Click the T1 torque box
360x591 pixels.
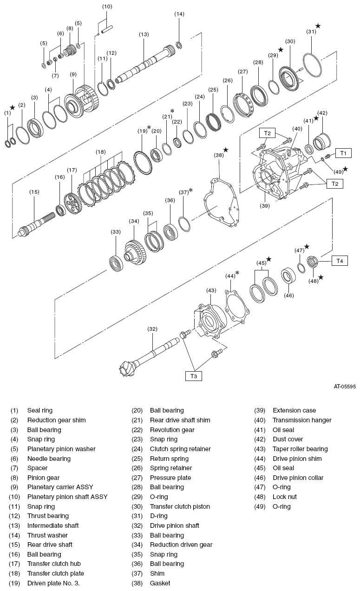pyautogui.click(x=343, y=153)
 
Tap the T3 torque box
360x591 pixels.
pyautogui.click(x=194, y=376)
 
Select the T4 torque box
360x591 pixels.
pyautogui.click(x=340, y=261)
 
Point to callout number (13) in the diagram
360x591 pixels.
pyautogui.click(x=144, y=34)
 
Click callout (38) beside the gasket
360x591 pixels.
pyautogui.click(x=218, y=155)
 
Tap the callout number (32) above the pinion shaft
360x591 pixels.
pyautogui.click(x=152, y=329)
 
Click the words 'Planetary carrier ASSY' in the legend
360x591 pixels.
pyautogui.click(x=60, y=487)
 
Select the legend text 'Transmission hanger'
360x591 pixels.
pyautogui.click(x=302, y=420)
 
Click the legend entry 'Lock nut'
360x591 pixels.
pyautogui.click(x=284, y=497)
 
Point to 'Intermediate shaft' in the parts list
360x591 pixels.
pyautogui.click(x=52, y=525)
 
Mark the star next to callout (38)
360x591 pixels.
pyautogui.click(x=226, y=150)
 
